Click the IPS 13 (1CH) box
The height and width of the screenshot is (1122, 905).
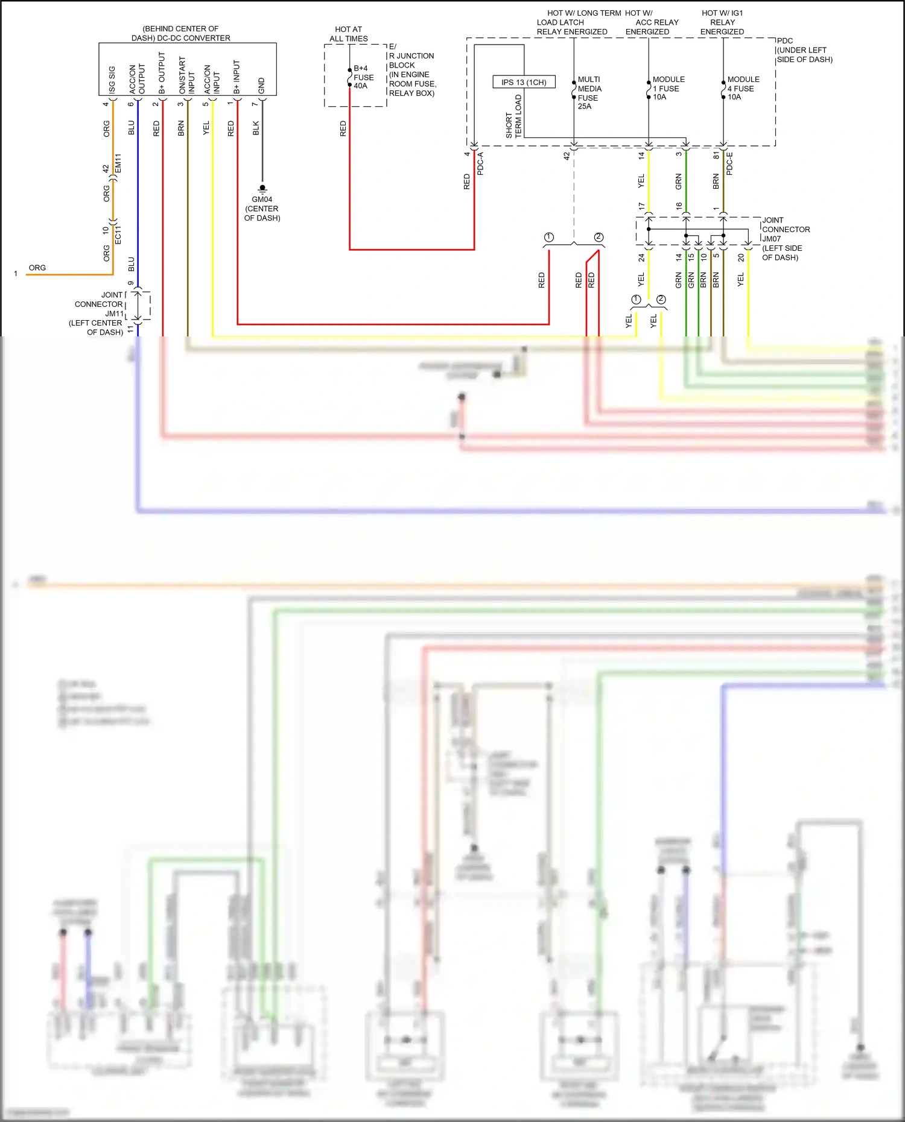click(524, 82)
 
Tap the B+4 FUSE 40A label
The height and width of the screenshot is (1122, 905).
click(363, 77)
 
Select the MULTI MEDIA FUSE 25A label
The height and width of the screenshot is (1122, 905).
click(589, 93)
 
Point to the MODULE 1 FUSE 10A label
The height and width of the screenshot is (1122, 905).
click(668, 88)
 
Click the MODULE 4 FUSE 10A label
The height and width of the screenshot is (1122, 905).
click(743, 88)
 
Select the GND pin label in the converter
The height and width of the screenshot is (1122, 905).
click(261, 85)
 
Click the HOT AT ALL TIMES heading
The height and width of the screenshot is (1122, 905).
click(348, 34)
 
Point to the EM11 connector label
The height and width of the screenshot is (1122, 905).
click(118, 163)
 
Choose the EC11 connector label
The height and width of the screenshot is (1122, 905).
click(118, 235)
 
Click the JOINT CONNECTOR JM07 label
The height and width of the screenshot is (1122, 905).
click(785, 238)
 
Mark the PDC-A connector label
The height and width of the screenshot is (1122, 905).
click(480, 163)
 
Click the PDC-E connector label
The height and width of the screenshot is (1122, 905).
click(729, 163)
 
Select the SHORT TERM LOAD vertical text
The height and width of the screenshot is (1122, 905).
click(513, 116)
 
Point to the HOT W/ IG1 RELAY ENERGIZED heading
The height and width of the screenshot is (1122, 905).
click(722, 22)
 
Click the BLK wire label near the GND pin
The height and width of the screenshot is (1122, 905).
click(256, 128)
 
